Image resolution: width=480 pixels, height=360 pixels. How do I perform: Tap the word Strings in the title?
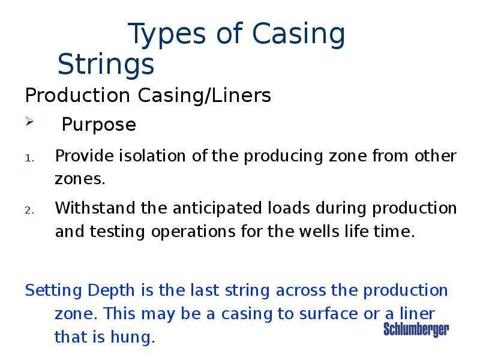point(106,64)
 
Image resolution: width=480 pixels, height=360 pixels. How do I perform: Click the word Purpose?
point(99,125)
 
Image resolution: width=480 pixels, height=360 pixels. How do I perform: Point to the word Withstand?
point(95,208)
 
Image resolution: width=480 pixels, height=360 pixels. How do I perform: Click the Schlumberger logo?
point(416,329)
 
